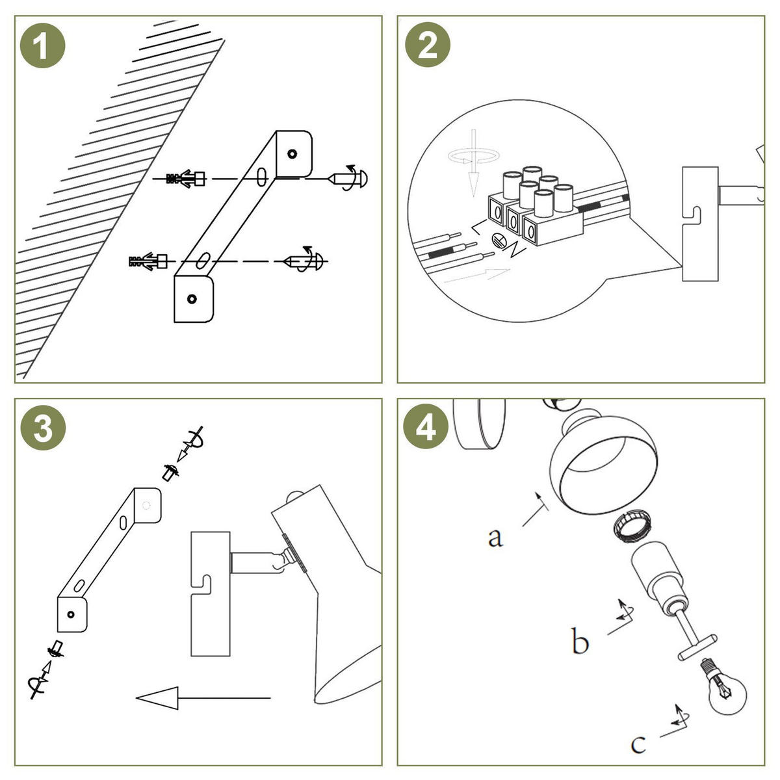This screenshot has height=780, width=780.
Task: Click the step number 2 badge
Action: (427, 46)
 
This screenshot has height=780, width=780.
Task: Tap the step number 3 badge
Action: (43, 429)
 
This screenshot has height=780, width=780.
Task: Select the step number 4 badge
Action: (426, 429)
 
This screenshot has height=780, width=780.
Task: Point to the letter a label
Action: (495, 537)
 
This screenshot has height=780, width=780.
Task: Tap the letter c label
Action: (638, 743)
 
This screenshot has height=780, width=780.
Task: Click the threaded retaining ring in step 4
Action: (630, 525)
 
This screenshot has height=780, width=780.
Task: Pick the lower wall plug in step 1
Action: (149, 262)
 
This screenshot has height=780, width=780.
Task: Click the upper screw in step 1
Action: (350, 177)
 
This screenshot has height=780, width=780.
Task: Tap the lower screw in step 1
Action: (305, 261)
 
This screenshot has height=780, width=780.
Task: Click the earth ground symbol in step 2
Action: (500, 241)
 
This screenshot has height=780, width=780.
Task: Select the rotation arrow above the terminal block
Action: (475, 156)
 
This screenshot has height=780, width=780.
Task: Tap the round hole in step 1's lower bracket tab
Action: (191, 299)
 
